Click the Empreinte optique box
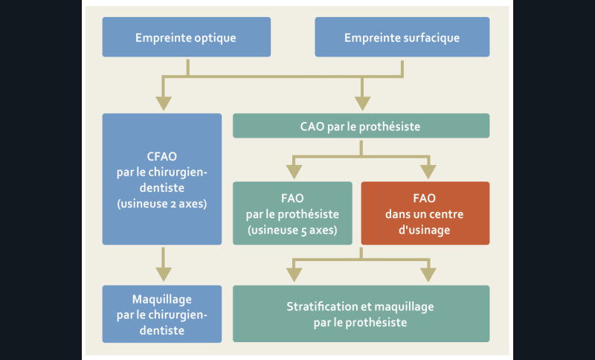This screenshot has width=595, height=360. coord(185,37)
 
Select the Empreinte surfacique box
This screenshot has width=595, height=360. coord(402,37)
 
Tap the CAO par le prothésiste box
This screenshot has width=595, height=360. coord(361,126)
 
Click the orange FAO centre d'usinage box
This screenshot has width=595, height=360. coord(425,213)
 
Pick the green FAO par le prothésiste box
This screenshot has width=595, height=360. coord(292,213)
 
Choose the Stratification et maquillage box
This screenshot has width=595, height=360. coord(361,314)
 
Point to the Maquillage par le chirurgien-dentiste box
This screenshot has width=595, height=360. coord(161,314)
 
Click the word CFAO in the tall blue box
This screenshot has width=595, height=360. coord(161,157)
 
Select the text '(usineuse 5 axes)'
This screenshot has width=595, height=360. coord(292,230)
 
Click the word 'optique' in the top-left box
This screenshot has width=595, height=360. coord(216,37)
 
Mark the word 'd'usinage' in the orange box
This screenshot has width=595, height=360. coord(425,230)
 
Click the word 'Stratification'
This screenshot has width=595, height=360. coord(322,306)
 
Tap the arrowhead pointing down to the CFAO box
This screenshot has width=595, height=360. coord(162,102)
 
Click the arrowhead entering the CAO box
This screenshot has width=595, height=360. coord(362,102)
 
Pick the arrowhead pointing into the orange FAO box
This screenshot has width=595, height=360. coord(429,171)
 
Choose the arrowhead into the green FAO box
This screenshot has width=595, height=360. coord(295,171)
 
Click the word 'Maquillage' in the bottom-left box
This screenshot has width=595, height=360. coord(161,298)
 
